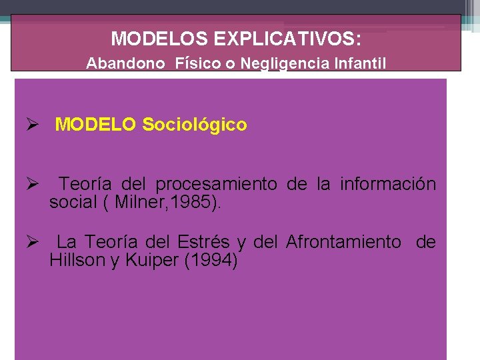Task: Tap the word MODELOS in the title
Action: tap(159, 39)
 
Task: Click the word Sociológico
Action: tap(195, 125)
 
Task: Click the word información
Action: tap(388, 184)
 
